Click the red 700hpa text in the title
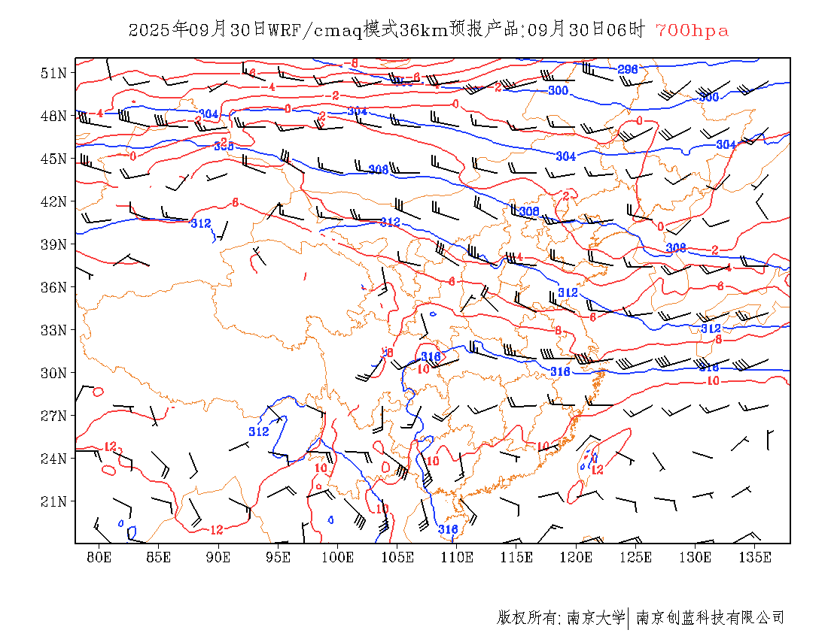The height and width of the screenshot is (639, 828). [692, 30]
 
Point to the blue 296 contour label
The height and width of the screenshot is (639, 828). [628, 69]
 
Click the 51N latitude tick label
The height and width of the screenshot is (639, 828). [53, 73]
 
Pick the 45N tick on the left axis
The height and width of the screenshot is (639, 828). [53, 159]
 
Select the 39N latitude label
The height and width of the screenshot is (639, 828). [53, 244]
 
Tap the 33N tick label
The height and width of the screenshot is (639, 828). [53, 330]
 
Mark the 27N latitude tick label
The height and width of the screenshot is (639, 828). [53, 416]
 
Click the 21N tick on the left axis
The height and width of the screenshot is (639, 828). [53, 501]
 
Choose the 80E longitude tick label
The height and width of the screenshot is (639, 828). [99, 557]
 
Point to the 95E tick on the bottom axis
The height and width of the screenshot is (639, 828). [279, 557]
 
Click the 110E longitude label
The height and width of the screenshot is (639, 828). [457, 557]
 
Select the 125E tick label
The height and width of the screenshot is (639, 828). [636, 557]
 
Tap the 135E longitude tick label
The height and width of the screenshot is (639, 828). [755, 557]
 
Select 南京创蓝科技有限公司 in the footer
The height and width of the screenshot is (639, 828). [710, 618]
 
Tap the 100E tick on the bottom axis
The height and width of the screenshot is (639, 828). [338, 557]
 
